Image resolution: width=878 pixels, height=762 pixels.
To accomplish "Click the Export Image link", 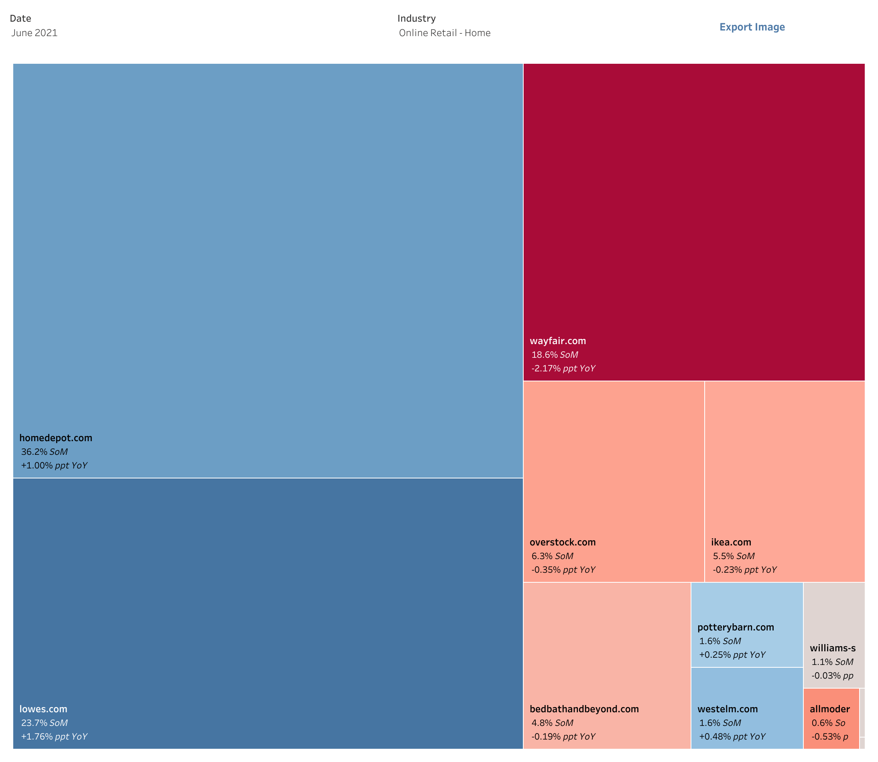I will point(752,27).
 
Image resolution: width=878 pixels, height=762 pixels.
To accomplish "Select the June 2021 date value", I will point(35,33).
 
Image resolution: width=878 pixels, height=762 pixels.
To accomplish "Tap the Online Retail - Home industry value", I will point(445,33).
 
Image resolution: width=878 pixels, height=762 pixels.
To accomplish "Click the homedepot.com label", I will point(56,438).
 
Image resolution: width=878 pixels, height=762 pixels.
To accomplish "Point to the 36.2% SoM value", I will point(44,452).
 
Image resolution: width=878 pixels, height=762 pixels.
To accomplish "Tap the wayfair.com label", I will point(558,340).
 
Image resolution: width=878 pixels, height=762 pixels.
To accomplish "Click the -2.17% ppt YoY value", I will point(563,368).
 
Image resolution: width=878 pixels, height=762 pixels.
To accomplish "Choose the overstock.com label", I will point(562,542).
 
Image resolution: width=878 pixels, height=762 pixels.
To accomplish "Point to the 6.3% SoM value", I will point(552,556).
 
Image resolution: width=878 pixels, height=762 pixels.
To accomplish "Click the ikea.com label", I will point(731,542).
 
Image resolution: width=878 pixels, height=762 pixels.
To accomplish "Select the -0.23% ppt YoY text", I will point(744,569).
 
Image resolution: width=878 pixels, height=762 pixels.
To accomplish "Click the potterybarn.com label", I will point(736,627).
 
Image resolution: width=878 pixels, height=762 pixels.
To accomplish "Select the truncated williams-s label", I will point(833,648).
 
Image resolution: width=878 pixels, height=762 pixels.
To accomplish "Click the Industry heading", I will point(417,18).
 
